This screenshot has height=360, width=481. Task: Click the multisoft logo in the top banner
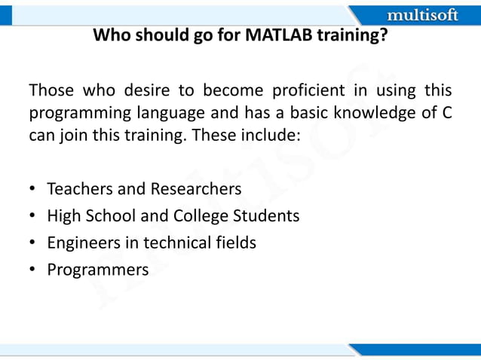tap(421, 15)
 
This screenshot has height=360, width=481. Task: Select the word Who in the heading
tap(109, 35)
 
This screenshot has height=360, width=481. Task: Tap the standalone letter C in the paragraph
tap(446, 114)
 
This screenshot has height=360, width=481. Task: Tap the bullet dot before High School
tap(33, 216)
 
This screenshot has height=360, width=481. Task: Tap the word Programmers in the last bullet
tap(98, 270)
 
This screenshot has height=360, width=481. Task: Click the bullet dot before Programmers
tap(33, 270)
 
